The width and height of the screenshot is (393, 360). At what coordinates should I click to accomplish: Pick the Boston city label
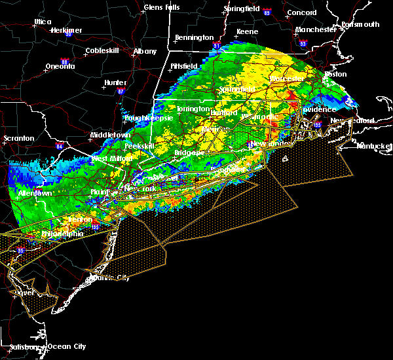click(x=335, y=74)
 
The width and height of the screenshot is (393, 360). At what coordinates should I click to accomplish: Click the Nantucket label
click(x=373, y=145)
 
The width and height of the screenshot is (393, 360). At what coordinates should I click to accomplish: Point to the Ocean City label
click(x=67, y=346)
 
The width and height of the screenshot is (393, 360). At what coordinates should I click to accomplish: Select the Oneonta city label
click(x=61, y=66)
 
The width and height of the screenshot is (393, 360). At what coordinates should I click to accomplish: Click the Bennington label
click(x=195, y=37)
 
